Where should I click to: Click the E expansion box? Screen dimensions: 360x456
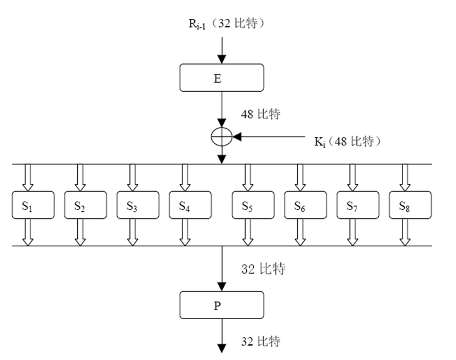[x=222, y=77]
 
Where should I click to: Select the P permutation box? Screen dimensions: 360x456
[x=222, y=305]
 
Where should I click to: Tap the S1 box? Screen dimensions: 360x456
[x=33, y=205]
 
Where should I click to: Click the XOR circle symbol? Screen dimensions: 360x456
[x=222, y=138]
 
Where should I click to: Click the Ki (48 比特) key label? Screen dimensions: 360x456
[x=347, y=142]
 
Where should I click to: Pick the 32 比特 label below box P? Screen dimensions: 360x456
[x=260, y=341]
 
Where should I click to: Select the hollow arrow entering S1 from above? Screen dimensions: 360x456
[x=28, y=178]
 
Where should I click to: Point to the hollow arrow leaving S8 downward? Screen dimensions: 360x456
[x=406, y=233]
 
